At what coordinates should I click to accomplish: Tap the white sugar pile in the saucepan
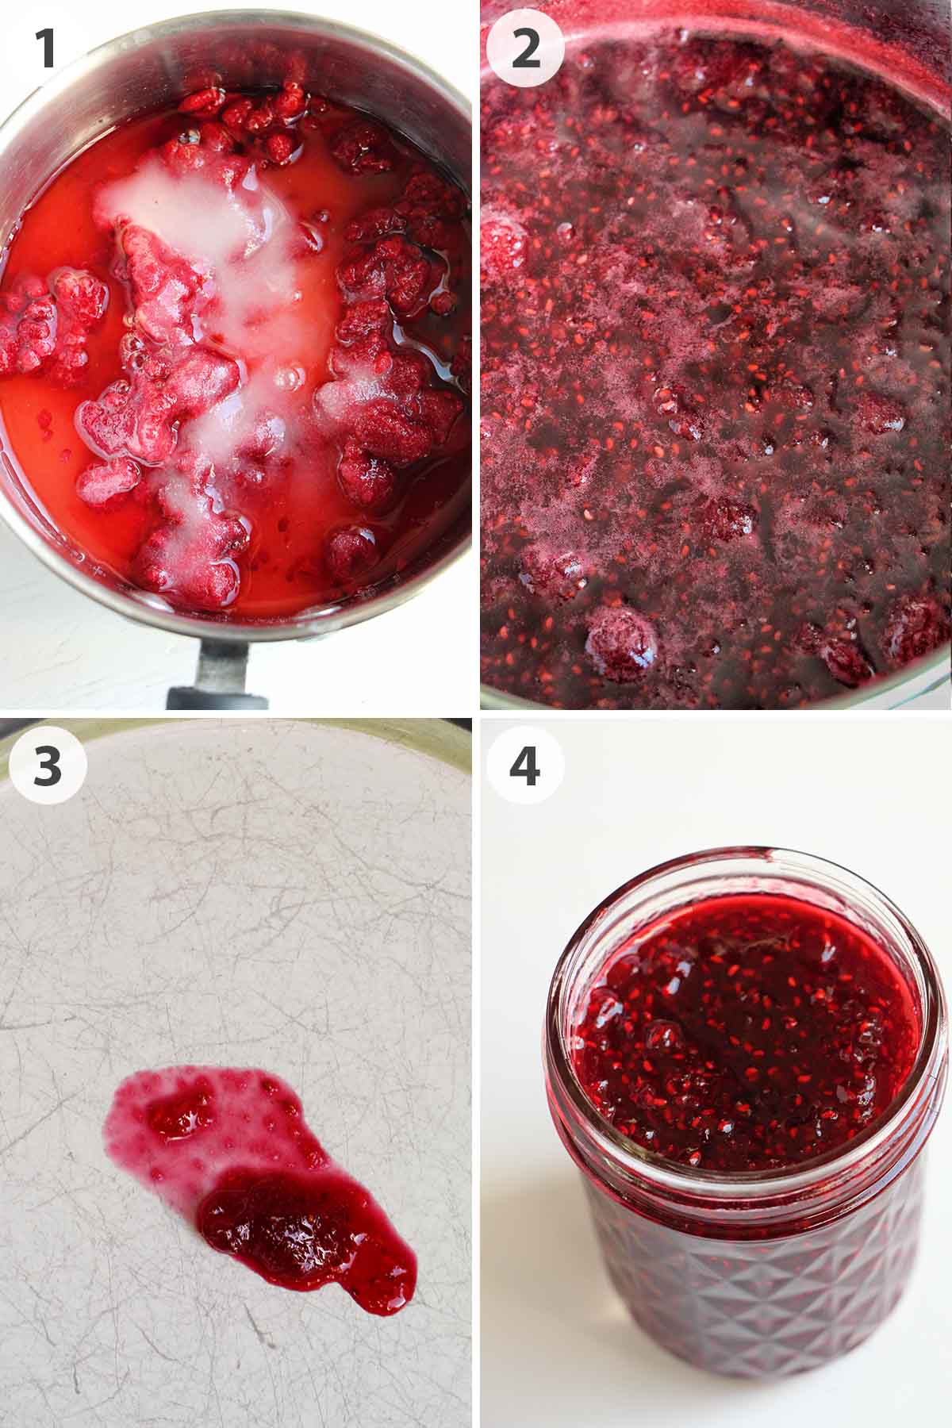238,262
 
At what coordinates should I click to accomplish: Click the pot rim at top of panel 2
714,20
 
